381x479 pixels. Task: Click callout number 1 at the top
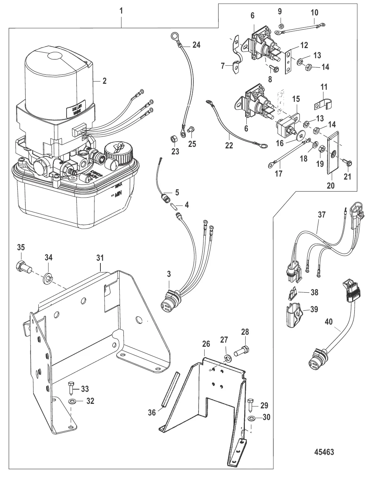tap(121, 11)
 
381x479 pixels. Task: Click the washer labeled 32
tap(72, 402)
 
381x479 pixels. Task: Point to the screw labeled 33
tap(71, 387)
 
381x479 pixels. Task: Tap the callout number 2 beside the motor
tap(104, 81)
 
